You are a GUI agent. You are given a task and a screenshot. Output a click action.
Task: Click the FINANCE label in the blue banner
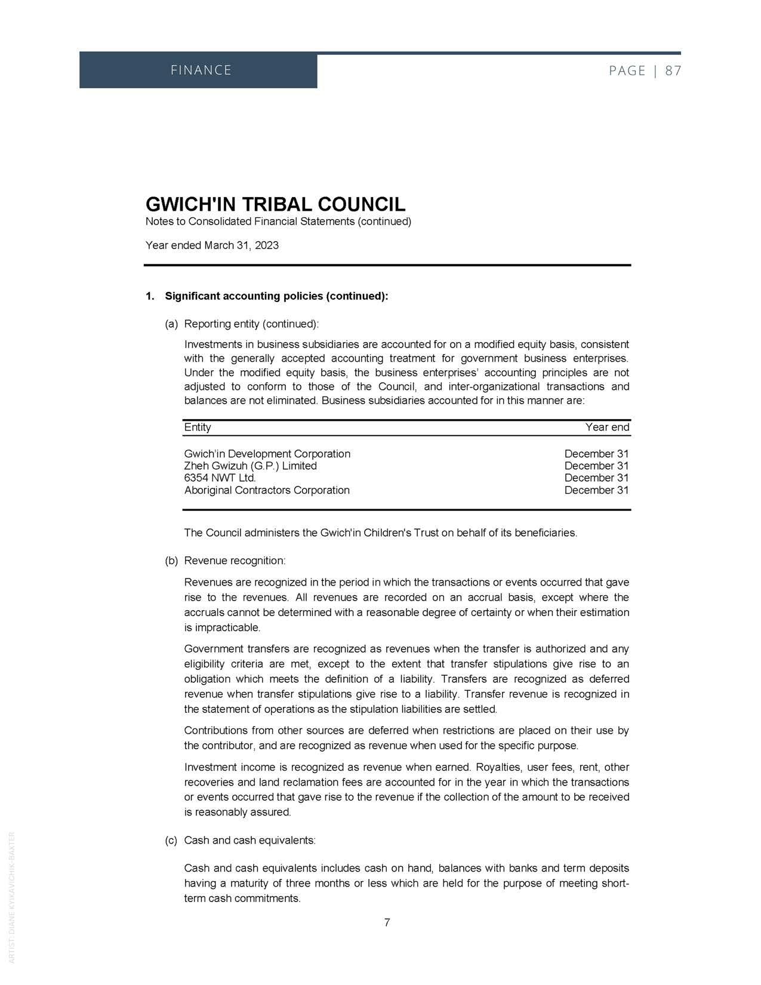coord(201,70)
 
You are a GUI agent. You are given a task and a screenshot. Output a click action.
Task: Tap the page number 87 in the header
coord(673,71)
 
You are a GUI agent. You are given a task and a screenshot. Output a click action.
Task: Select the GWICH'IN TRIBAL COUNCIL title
coord(275,204)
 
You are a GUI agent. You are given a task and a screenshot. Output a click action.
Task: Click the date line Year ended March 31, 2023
coord(212,245)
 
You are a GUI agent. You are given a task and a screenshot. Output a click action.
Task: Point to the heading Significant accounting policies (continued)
coord(276,296)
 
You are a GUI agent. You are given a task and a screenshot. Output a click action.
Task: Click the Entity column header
coord(198,427)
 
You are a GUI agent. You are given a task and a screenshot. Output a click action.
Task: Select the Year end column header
coord(607,427)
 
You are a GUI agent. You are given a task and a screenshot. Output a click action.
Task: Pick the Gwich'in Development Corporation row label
coord(267,454)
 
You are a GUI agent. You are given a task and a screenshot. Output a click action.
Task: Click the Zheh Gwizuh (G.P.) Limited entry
coord(251,466)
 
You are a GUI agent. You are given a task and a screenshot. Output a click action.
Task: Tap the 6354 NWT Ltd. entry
coord(220,478)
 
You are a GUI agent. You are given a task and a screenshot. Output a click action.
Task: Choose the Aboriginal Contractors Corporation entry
coord(267,490)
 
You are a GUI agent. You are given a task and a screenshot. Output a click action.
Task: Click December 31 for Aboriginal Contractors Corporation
coord(596,490)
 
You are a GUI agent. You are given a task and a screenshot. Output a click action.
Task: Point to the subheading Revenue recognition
coord(235,561)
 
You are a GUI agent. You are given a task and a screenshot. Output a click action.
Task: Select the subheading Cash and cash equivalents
coord(249,840)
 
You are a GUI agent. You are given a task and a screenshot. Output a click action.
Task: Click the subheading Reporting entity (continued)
coord(251,324)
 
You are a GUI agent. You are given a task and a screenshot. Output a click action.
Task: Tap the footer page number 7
coord(387,922)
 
